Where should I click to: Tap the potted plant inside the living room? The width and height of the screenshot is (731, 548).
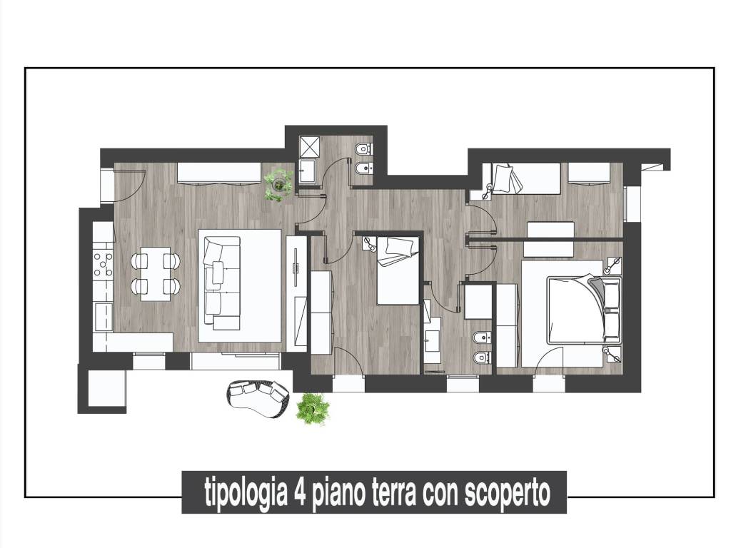(x=278, y=184)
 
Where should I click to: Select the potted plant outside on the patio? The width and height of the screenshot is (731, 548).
(x=313, y=409)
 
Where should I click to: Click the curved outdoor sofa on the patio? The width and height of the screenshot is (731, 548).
(x=258, y=398)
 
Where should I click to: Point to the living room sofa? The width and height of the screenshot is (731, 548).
(x=221, y=285)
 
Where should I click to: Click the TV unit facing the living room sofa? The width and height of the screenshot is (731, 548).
(x=296, y=293)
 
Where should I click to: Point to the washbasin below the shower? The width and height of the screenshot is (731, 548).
(x=308, y=171)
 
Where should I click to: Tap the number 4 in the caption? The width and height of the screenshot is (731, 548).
(x=298, y=492)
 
